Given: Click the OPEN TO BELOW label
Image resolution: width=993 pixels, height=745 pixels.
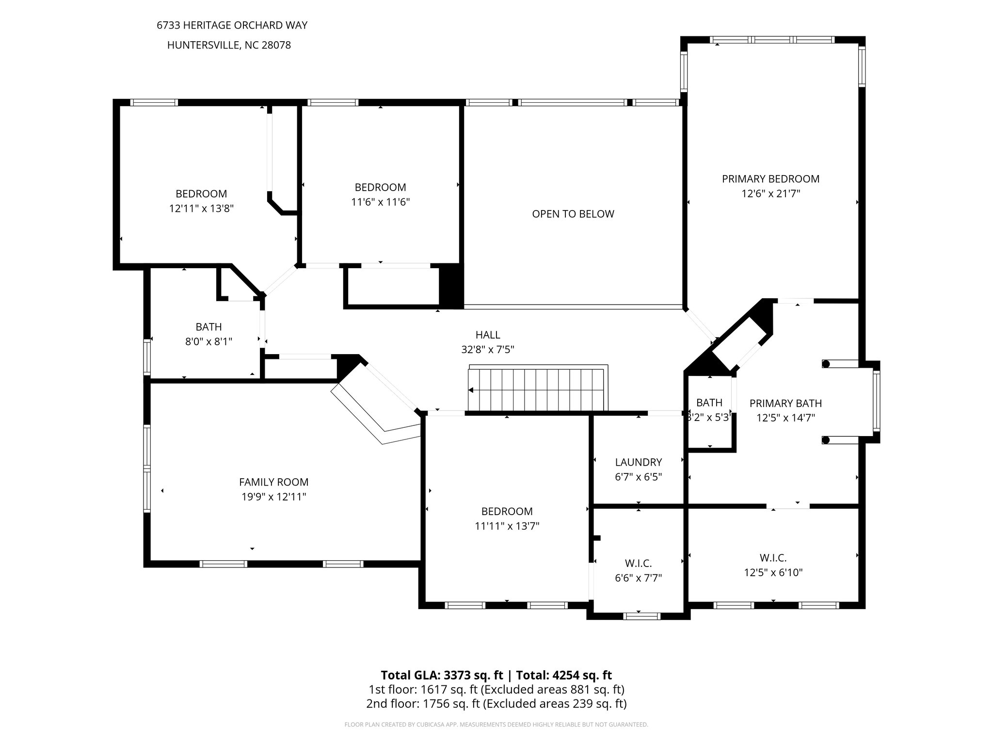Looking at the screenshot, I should [x=573, y=214].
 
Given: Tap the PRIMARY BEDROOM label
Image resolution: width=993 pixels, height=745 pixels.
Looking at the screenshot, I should [x=770, y=179].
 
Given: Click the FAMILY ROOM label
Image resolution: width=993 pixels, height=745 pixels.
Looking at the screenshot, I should [x=273, y=482].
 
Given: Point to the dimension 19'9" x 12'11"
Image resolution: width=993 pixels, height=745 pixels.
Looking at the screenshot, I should [x=273, y=497].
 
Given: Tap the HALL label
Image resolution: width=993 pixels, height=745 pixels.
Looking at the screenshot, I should [x=487, y=335].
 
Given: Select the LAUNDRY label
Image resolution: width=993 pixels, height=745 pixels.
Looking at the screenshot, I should [x=638, y=462].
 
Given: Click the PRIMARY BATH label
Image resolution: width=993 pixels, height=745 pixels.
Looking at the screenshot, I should [x=785, y=403].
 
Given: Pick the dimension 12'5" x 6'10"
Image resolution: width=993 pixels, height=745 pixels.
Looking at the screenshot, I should [x=773, y=573].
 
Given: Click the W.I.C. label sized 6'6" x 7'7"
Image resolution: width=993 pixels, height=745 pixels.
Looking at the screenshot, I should [x=638, y=563].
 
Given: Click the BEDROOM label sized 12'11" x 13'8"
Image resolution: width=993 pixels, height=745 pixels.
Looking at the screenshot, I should [x=201, y=194].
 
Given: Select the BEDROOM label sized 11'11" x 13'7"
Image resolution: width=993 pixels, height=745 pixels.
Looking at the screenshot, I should [x=507, y=511].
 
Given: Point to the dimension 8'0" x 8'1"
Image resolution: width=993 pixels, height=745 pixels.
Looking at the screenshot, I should [x=208, y=342].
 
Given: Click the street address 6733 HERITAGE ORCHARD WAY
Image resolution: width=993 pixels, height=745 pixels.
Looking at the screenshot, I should [x=232, y=26].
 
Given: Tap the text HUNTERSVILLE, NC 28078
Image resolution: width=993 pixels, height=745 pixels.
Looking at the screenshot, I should [x=229, y=46].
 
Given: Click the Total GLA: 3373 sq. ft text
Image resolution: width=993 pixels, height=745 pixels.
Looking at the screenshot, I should [x=442, y=675].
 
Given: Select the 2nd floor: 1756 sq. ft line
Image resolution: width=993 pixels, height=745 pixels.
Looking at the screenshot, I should [x=496, y=704].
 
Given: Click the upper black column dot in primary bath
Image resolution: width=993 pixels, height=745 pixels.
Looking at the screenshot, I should [x=826, y=364].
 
